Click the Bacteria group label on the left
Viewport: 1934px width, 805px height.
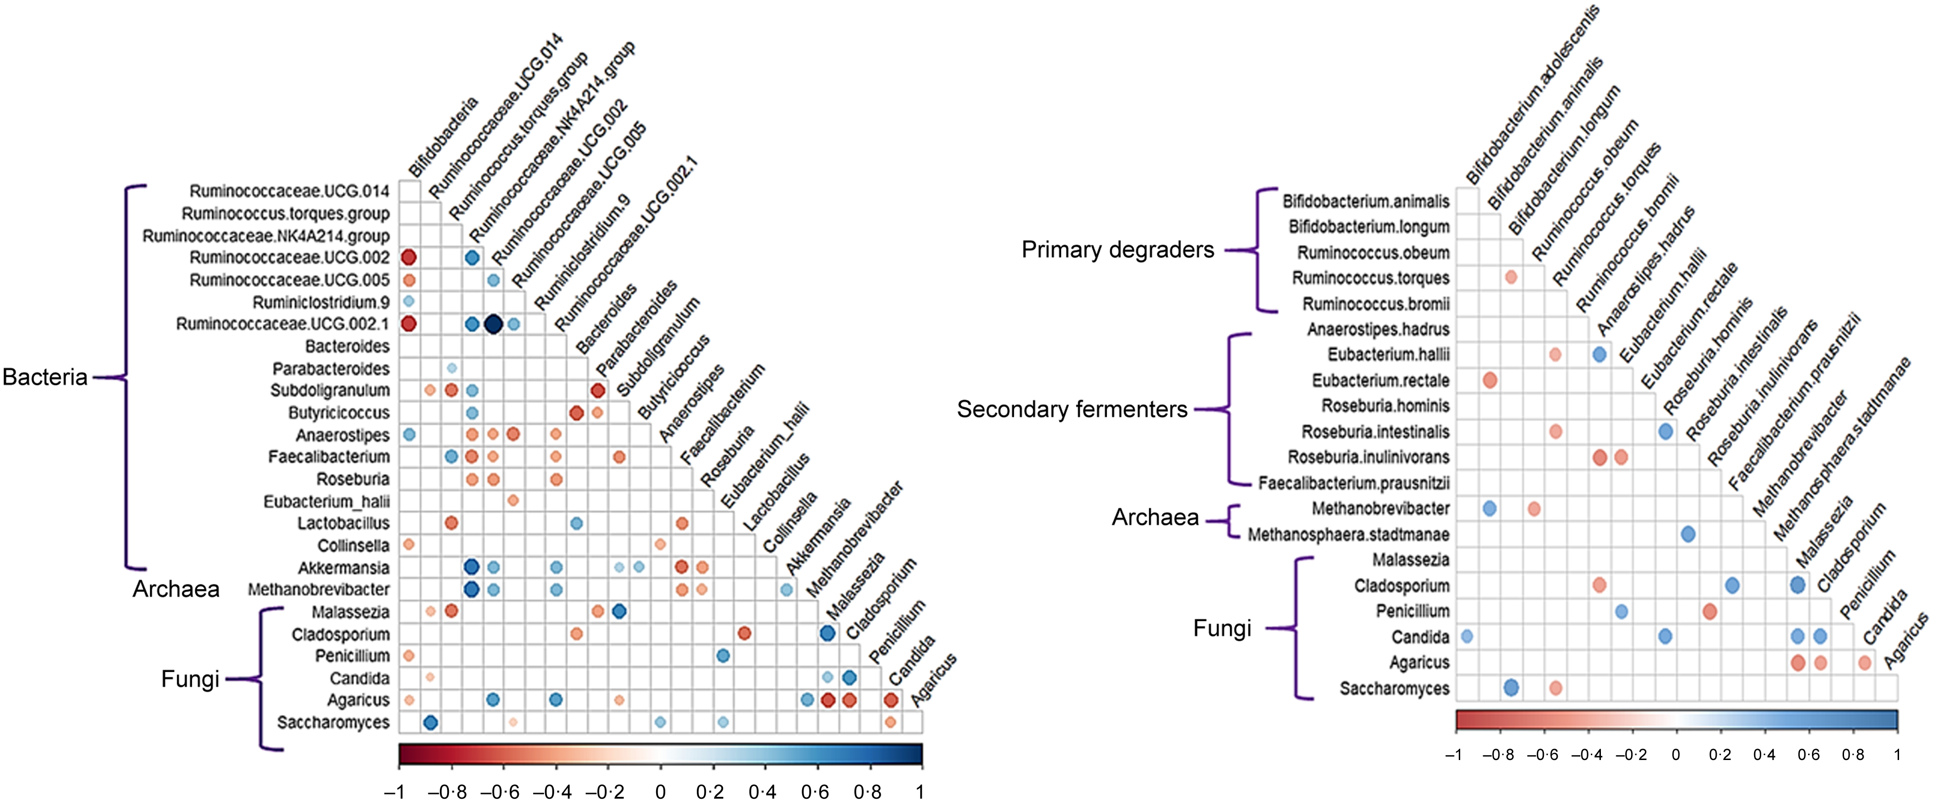pos(45,377)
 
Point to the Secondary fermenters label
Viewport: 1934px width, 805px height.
pos(1072,409)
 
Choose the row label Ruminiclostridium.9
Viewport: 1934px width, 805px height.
pos(321,302)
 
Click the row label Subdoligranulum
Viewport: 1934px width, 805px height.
pos(330,391)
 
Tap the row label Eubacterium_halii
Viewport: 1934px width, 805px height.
pos(326,502)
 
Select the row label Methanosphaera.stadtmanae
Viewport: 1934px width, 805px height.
pos(1348,535)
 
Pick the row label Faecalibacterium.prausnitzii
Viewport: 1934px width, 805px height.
pos(1353,483)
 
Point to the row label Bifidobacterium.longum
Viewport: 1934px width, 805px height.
pos(1369,227)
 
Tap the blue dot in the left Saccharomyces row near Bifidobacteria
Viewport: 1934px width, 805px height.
pos(430,722)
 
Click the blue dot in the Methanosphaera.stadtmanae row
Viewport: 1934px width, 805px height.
pos(1688,535)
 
